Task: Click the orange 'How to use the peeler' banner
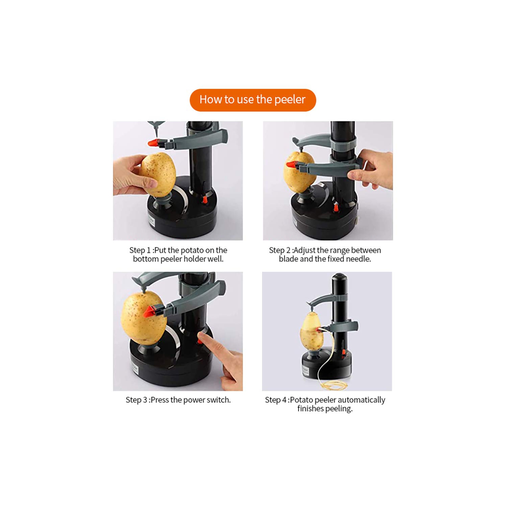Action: [252, 100]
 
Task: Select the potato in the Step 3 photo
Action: [142, 317]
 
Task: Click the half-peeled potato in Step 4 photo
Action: [311, 332]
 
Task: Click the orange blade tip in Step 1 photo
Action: [153, 143]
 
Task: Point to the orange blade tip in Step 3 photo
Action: [148, 312]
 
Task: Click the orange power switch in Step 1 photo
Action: [205, 199]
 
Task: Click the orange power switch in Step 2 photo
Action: [336, 206]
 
